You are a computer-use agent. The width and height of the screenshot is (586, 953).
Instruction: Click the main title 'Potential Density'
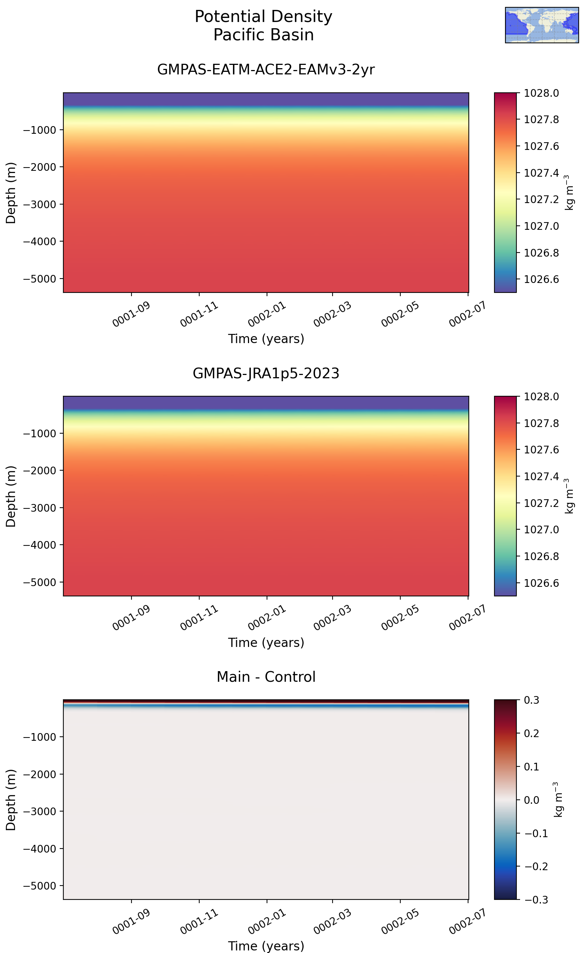[263, 17]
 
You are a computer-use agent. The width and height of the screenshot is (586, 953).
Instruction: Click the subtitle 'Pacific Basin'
[263, 35]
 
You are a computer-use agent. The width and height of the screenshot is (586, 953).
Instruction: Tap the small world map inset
[542, 25]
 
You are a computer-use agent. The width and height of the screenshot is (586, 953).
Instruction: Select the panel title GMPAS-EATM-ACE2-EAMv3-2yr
[266, 69]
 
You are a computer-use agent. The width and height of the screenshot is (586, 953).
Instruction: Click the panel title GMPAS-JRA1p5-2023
[266, 373]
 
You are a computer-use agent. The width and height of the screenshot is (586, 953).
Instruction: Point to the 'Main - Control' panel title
[266, 677]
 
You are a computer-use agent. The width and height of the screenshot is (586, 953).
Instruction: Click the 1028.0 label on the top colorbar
[541, 93]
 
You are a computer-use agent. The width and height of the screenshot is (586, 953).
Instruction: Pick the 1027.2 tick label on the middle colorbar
[541, 503]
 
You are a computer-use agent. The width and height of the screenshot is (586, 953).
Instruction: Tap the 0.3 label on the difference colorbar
[531, 700]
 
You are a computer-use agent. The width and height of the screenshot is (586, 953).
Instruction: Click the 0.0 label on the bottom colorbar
[531, 800]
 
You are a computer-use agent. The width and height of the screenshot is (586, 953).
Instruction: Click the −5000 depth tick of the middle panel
[40, 582]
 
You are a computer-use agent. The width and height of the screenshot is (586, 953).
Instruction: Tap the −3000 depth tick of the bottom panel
[40, 812]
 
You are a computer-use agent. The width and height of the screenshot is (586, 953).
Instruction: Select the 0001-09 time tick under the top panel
[131, 314]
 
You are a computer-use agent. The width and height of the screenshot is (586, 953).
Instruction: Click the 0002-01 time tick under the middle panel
[267, 618]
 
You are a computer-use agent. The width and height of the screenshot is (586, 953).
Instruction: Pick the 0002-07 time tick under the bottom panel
[467, 921]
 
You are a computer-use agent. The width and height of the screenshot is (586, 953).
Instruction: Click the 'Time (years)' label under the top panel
[266, 339]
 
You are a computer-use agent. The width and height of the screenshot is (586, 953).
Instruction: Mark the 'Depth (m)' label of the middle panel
[11, 496]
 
